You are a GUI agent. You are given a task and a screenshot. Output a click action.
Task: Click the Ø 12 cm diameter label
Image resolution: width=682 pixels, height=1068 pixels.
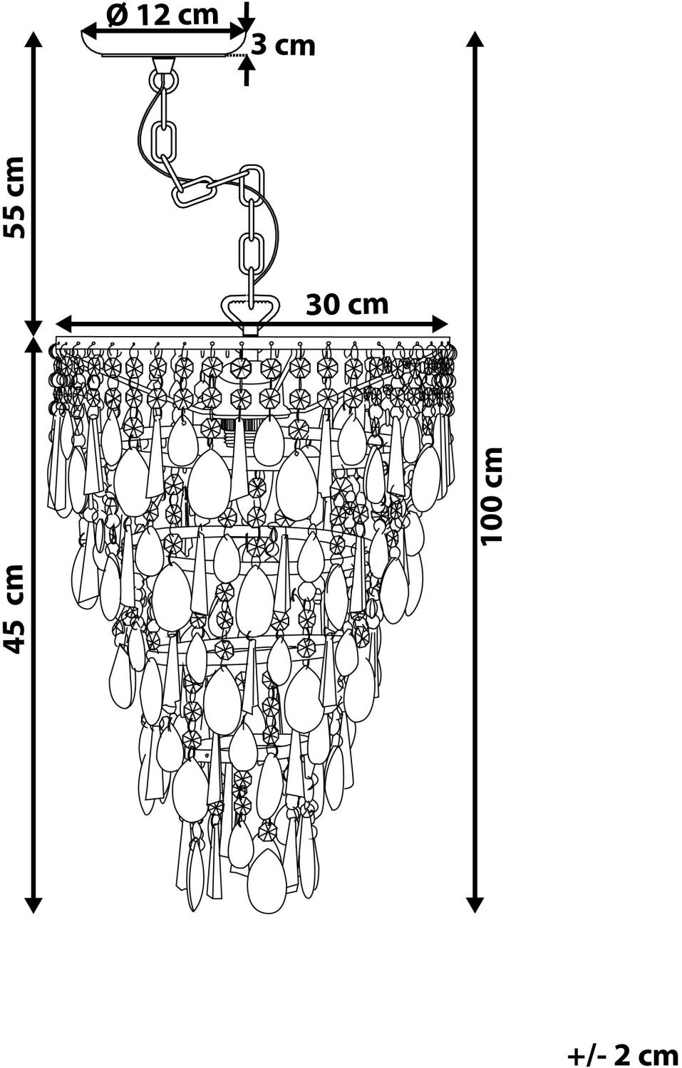pyautogui.click(x=162, y=15)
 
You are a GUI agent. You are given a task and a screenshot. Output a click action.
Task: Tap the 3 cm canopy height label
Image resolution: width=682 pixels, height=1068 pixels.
pyautogui.click(x=284, y=46)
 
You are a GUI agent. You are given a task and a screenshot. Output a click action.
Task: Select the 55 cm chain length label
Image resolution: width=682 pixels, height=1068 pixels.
pyautogui.click(x=13, y=197)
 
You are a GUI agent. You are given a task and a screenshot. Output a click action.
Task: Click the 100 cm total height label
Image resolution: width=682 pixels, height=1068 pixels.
pyautogui.click(x=492, y=496)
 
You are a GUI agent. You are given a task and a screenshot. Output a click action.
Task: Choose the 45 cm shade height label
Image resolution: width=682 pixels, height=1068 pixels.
pyautogui.click(x=13, y=608)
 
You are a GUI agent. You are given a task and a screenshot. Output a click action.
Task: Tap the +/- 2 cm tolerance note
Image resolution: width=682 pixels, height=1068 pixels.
pyautogui.click(x=622, y=1053)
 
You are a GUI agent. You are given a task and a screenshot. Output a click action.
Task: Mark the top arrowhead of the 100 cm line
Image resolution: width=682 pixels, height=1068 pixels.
pyautogui.click(x=474, y=39)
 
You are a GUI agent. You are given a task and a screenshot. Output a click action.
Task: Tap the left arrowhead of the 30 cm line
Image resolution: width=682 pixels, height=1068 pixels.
pyautogui.click(x=65, y=324)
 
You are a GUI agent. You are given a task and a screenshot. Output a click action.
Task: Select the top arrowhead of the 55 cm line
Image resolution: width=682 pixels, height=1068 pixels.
pyautogui.click(x=33, y=39)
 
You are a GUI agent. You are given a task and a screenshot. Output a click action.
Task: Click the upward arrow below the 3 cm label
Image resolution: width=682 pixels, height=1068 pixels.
pyautogui.click(x=247, y=70)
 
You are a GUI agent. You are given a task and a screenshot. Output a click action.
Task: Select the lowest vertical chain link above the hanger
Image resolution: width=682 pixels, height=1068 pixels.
pyautogui.click(x=251, y=253)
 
